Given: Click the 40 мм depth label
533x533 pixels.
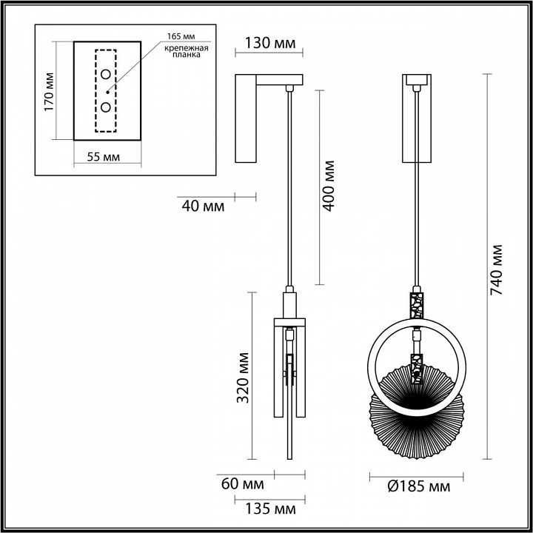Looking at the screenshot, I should click(201, 206).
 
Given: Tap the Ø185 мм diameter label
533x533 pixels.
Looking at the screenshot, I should click(420, 486).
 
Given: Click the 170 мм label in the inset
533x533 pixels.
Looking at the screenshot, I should click(50, 91).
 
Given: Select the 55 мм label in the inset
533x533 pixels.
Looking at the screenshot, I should click(99, 157).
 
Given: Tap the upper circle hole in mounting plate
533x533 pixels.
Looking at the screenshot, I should click(107, 74).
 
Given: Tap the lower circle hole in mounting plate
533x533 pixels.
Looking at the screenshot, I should click(107, 107).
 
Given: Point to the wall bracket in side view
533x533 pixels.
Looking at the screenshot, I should click(247, 118).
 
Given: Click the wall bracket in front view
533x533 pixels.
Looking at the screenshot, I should click(416, 122).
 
